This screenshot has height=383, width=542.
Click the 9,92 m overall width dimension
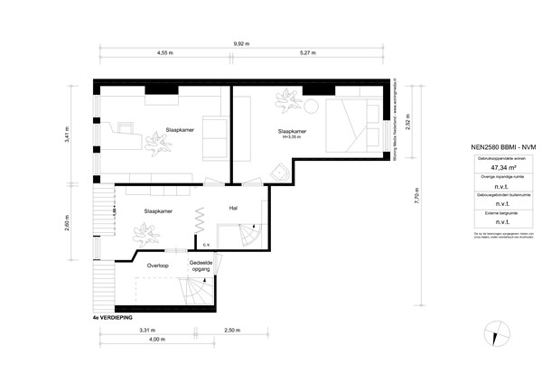(241, 43)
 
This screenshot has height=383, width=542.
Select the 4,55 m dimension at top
(164, 53)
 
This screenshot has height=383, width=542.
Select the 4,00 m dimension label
(158, 340)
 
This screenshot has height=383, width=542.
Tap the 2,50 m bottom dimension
(231, 332)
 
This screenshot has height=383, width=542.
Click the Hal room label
(233, 208)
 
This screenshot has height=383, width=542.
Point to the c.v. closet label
(206, 244)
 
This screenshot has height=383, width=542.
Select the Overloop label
(158, 266)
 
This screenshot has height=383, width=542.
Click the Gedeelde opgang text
(201, 267)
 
